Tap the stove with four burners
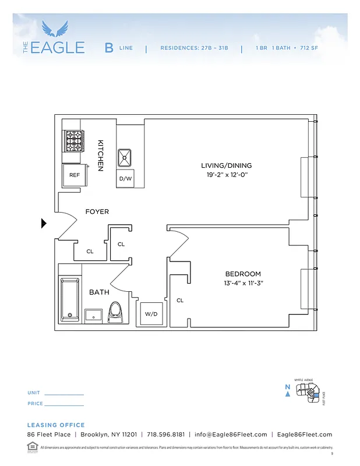tap(73, 140)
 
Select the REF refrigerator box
tap(74, 175)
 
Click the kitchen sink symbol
tap(125, 157)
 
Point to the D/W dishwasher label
tap(125, 179)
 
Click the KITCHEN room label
tap(100, 155)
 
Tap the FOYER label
tap(97, 211)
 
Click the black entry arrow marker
tap(44, 223)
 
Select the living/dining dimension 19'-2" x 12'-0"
tap(227, 175)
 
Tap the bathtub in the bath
tap(69, 299)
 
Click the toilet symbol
tap(115, 312)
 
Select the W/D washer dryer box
tap(151, 314)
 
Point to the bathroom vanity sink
tap(93, 315)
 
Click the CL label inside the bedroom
tap(180, 301)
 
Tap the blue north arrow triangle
tap(288, 394)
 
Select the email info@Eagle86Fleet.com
tap(231, 435)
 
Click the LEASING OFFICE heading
tap(56, 425)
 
